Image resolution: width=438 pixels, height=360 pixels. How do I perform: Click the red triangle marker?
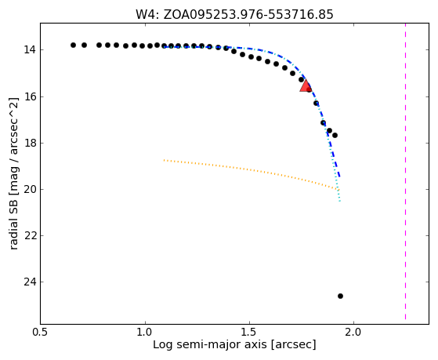click(x=306, y=85)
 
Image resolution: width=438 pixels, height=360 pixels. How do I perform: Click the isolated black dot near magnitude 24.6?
click(x=340, y=296)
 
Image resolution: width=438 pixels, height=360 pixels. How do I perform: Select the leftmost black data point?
click(x=73, y=45)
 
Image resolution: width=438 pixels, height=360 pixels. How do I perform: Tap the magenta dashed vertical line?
click(x=405, y=172)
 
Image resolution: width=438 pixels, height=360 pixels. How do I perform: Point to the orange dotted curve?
click(x=252, y=170)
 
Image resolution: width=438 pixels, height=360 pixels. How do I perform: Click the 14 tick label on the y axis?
click(x=30, y=50)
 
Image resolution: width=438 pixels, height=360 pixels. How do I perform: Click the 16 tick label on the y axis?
click(x=30, y=96)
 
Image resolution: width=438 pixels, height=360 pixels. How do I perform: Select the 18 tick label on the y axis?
click(x=30, y=144)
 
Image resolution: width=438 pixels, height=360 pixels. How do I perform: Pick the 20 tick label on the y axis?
click(x=30, y=190)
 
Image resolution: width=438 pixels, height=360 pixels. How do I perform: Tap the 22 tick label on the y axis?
click(x=30, y=236)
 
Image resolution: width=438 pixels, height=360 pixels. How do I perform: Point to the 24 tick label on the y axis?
click(x=30, y=282)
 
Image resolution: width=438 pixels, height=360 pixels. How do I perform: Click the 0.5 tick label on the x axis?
click(x=41, y=332)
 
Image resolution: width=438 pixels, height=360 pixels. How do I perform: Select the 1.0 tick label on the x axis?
click(x=145, y=332)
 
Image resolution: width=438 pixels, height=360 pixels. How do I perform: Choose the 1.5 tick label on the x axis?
click(x=249, y=332)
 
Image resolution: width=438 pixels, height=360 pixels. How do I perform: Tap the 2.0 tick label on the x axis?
click(x=353, y=332)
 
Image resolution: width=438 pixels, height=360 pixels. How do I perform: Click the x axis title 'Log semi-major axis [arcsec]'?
click(x=234, y=345)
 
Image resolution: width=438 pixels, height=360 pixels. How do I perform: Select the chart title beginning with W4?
click(x=234, y=15)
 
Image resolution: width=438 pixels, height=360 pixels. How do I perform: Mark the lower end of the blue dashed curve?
click(x=339, y=176)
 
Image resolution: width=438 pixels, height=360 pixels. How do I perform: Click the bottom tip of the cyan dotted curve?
click(x=340, y=201)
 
